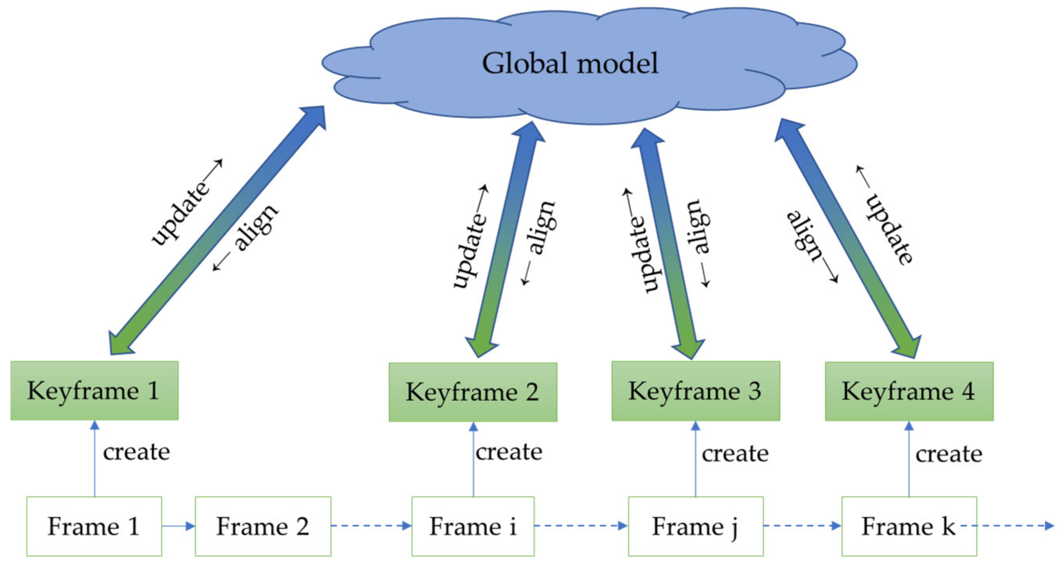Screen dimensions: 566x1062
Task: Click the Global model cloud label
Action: click(570, 64)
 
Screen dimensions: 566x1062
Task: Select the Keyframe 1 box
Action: click(94, 391)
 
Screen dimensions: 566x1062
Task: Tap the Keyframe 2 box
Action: click(473, 392)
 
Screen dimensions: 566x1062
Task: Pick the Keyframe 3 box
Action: click(696, 391)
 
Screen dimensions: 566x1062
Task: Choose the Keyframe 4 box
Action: click(909, 391)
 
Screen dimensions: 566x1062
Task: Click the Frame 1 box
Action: click(94, 526)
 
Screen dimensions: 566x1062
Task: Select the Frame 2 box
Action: click(263, 526)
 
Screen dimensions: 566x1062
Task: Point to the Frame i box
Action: click(473, 526)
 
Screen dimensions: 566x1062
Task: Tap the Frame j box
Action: click(696, 526)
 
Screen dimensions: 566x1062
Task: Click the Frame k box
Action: click(909, 526)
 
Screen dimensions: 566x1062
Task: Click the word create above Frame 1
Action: click(136, 452)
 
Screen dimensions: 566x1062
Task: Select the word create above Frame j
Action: click(735, 453)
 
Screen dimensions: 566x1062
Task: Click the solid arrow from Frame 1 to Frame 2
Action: click(178, 526)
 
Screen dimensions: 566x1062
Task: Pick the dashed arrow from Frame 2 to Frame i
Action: click(371, 526)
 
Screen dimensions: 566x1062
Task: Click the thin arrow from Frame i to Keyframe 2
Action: click(473, 460)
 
